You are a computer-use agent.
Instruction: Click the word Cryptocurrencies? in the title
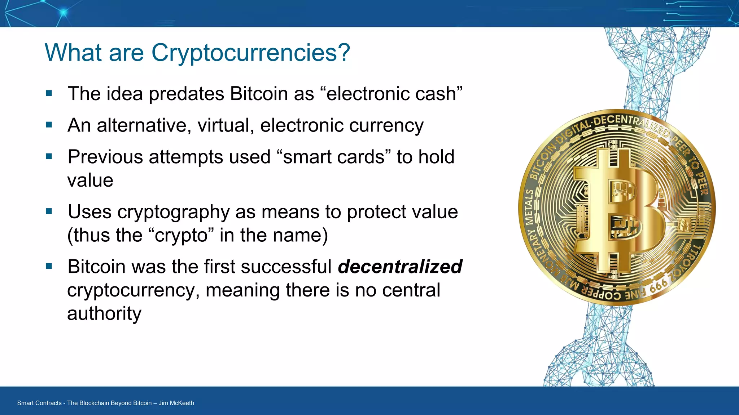point(250,53)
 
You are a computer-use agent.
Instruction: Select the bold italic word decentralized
point(400,267)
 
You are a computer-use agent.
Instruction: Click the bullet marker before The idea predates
point(49,94)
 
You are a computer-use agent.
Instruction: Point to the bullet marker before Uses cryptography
point(49,211)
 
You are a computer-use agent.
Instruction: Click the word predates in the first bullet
point(187,94)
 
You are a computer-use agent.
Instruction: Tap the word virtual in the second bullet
point(225,125)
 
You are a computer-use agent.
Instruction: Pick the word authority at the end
point(104,313)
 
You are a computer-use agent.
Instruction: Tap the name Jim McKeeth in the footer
point(176,403)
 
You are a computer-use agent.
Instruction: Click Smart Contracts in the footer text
point(39,403)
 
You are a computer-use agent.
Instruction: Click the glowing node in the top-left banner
point(64,13)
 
